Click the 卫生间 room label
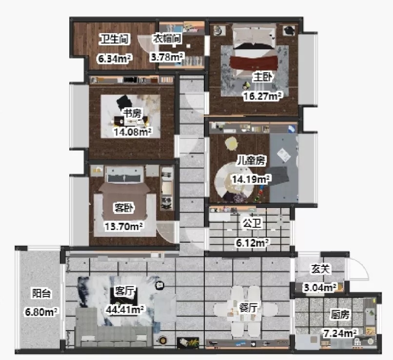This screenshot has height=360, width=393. [x=114, y=39]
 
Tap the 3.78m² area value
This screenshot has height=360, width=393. [x=167, y=57]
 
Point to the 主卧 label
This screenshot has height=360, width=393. [x=262, y=77]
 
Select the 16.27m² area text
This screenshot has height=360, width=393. [x=262, y=95]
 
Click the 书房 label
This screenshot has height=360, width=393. [x=132, y=114]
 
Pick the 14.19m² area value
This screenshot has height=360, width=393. [x=251, y=179]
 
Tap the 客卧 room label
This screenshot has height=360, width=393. [x=124, y=208]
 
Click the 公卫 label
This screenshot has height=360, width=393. [x=252, y=223]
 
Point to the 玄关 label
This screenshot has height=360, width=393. [x=320, y=269]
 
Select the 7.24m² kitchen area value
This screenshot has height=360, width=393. [x=340, y=333]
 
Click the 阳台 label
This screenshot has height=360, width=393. [x=41, y=293]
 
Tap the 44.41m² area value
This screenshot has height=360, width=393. [x=124, y=310]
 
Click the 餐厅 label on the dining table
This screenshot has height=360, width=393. [x=248, y=308]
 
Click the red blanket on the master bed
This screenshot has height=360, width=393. [x=254, y=62]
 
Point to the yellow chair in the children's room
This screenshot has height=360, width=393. [x=231, y=143]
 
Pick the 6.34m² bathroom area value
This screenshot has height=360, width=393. [x=114, y=59]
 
